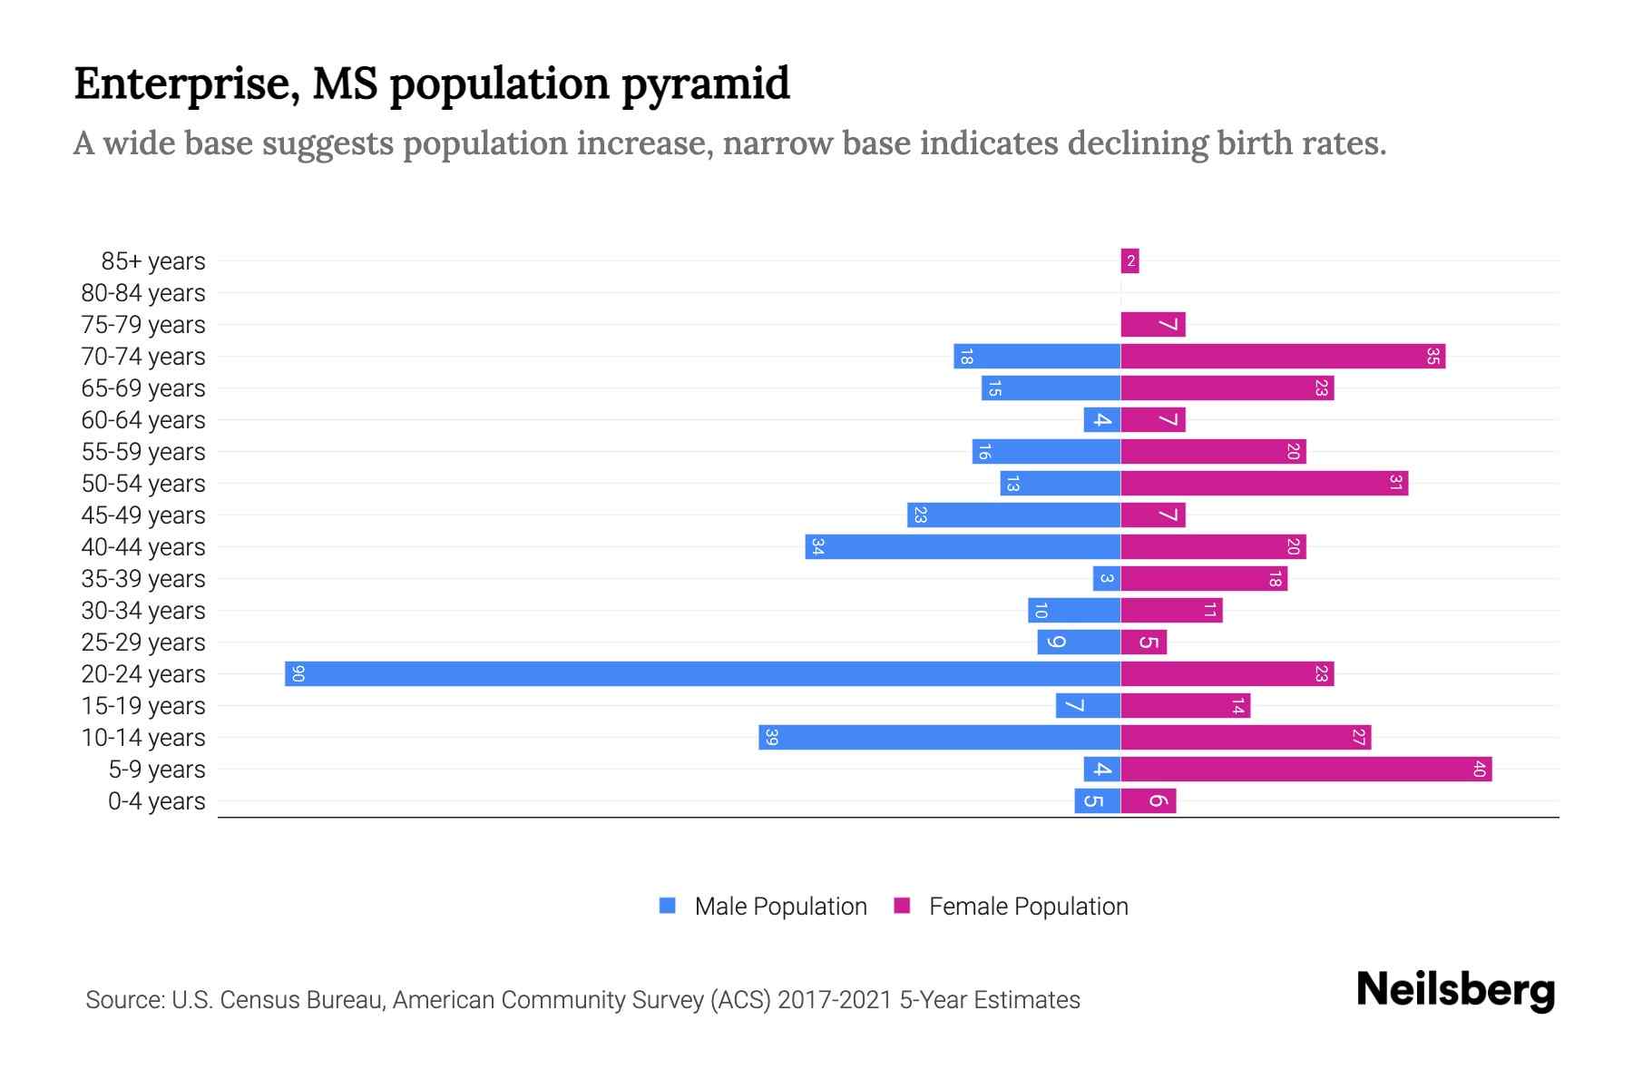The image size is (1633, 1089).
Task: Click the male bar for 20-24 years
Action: tap(702, 673)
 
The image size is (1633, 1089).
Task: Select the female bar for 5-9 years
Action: tap(1305, 769)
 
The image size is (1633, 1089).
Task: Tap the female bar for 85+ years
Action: tap(1129, 261)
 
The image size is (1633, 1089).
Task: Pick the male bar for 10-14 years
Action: tap(939, 737)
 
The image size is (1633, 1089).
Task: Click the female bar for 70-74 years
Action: tap(1282, 357)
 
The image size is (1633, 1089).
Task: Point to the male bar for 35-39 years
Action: tap(1106, 578)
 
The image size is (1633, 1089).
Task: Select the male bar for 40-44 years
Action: tap(962, 546)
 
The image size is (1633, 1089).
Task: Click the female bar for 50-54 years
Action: tap(1264, 483)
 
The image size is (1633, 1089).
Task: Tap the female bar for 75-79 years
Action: tap(1152, 325)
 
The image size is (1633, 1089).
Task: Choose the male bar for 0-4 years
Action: tap(1097, 800)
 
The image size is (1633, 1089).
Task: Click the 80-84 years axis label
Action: tap(143, 293)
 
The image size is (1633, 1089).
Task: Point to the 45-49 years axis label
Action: tap(143, 515)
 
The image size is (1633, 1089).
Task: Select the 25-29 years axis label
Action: tap(143, 643)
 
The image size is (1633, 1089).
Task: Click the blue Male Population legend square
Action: tap(668, 906)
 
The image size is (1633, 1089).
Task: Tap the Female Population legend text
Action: tap(1028, 906)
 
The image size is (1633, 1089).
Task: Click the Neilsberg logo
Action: tap(1454, 990)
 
